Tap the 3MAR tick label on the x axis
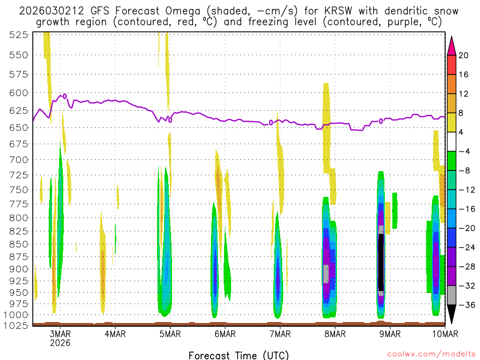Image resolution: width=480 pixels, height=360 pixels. pyautogui.click(x=60, y=334)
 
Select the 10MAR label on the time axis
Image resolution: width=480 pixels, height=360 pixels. pyautogui.click(x=444, y=334)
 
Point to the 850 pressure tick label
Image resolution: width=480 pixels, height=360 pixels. pyautogui.click(x=19, y=244)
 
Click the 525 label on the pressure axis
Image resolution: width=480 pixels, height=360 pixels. pyautogui.click(x=19, y=35)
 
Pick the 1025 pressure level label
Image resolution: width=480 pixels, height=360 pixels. pyautogui.click(x=17, y=325)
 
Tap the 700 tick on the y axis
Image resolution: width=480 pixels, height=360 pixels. pyautogui.click(x=19, y=160)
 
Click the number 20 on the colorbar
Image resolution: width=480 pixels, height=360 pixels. pyautogui.click(x=464, y=55)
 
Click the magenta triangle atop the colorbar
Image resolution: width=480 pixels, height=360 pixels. pyautogui.click(x=451, y=45)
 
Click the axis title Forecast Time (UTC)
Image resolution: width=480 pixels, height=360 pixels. pyautogui.click(x=239, y=355)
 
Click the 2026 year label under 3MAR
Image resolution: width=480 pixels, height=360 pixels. pyautogui.click(x=60, y=343)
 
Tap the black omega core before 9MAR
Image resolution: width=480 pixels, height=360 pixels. pyautogui.click(x=381, y=262)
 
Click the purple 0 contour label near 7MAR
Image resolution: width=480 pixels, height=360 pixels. pyautogui.click(x=271, y=123)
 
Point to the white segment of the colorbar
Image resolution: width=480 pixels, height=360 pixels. pyautogui.click(x=451, y=141)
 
